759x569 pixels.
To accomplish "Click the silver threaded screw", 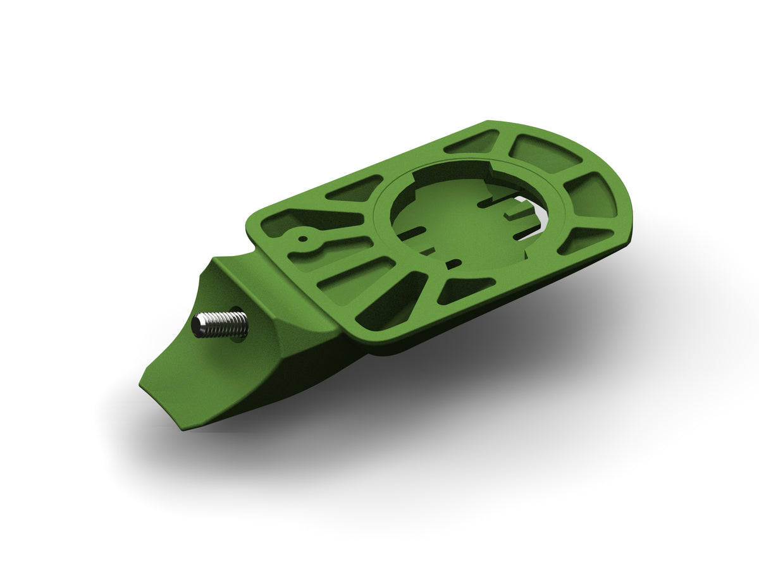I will [x=221, y=324].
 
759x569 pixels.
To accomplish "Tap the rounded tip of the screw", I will [x=197, y=327].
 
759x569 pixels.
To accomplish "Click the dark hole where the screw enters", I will [x=239, y=323].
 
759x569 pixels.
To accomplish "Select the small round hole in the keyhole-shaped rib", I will [x=303, y=239].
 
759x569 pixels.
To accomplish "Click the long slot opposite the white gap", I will [x=412, y=233].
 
